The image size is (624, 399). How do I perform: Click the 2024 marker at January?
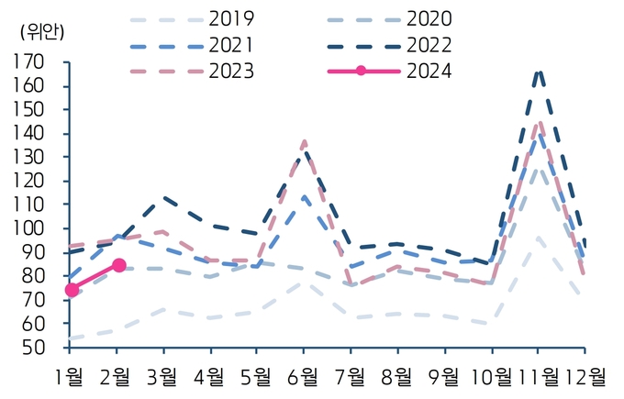(x=72, y=290)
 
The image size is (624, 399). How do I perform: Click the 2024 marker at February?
(x=119, y=265)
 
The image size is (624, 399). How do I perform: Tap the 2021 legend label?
(x=231, y=45)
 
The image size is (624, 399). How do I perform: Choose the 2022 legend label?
(x=429, y=45)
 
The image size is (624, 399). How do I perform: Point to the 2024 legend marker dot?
(x=361, y=72)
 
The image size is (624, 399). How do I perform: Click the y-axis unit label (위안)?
(x=42, y=33)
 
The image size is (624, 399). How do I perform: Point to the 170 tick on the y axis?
(x=28, y=62)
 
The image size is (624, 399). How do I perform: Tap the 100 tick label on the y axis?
(x=28, y=228)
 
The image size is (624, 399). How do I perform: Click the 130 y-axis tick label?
(x=28, y=157)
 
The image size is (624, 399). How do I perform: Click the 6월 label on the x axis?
(x=303, y=377)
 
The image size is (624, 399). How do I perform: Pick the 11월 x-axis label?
(x=537, y=377)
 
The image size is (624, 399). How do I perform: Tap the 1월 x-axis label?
(x=69, y=377)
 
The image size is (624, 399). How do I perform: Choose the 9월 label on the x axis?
(x=444, y=377)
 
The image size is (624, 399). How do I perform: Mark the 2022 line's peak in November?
(x=539, y=72)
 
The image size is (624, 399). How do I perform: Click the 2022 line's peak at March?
(x=163, y=197)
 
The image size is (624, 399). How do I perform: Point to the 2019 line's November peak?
(x=538, y=238)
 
